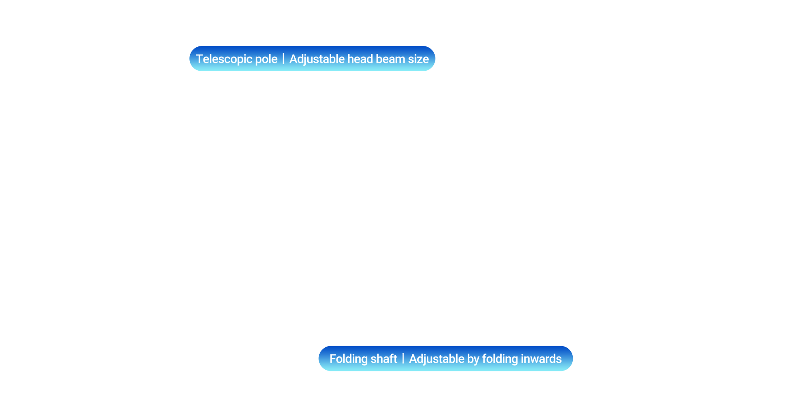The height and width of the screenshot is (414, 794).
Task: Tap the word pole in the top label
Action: point(266,59)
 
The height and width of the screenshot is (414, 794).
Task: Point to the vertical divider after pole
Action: point(284,59)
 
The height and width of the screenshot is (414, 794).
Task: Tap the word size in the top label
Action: point(419,59)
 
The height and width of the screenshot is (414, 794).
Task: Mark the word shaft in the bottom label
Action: point(384,359)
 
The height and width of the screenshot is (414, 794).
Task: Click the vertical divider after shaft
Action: point(403,359)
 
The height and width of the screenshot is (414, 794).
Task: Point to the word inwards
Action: point(541,359)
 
